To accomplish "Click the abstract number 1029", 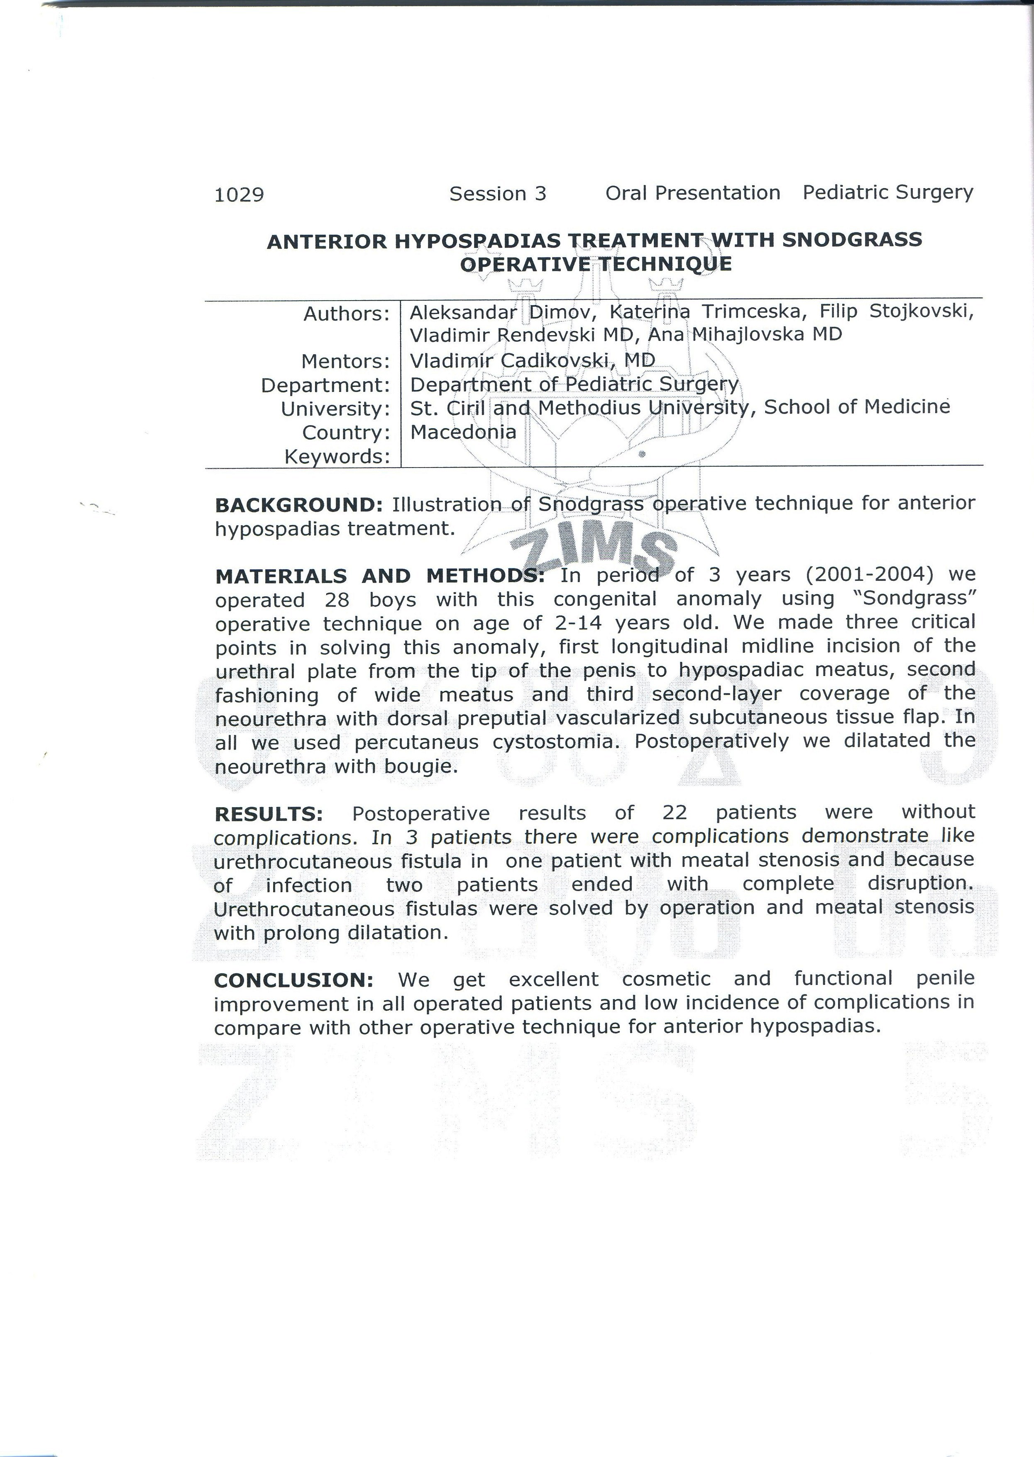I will click(x=239, y=194).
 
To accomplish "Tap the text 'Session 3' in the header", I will click(x=497, y=193).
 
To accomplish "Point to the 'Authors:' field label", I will click(x=346, y=314).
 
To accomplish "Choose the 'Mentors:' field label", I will click(x=345, y=362).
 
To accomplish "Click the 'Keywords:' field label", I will click(x=337, y=457).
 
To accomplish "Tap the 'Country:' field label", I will click(x=346, y=433).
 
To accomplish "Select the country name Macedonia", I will click(x=463, y=432).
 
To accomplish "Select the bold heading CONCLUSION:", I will click(x=293, y=980).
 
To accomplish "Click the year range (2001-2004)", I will click(x=869, y=574).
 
